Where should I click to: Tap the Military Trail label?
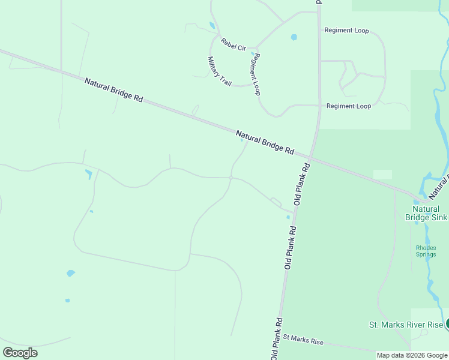click(219, 71)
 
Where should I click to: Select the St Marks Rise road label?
click(303, 341)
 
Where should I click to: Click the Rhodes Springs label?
click(426, 251)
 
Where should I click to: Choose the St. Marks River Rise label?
click(406, 325)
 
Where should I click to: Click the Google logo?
click(20, 353)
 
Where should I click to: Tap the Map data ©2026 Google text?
click(412, 355)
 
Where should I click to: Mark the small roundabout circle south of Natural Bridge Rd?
click(231, 177)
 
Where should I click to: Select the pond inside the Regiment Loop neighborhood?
click(294, 37)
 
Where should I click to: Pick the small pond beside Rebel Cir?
click(212, 25)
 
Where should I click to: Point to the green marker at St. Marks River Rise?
click(448, 325)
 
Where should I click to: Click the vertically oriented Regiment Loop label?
click(256, 74)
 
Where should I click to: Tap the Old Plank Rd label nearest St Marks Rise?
click(276, 338)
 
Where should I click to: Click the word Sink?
click(439, 217)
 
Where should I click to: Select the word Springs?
click(426, 254)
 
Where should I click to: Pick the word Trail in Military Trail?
click(224, 78)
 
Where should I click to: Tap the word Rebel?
click(227, 42)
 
